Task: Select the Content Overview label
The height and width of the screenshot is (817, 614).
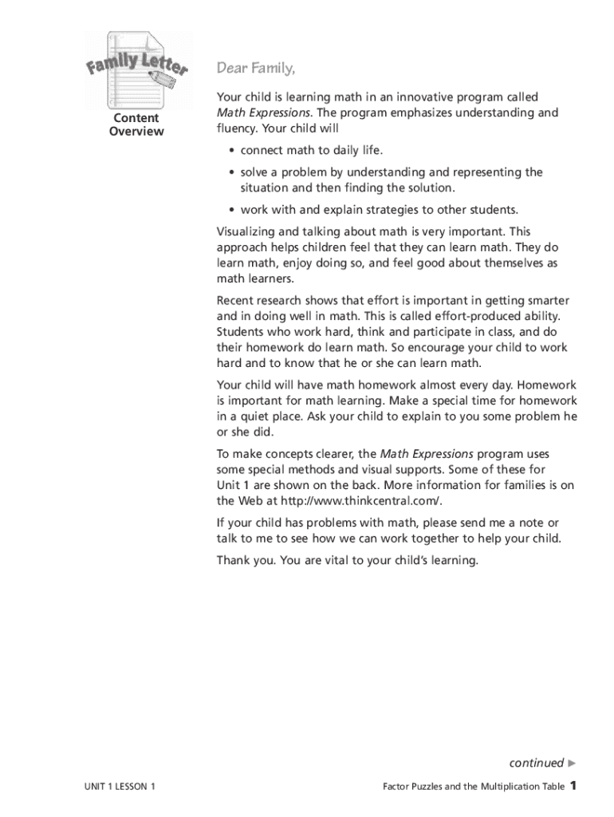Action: click(x=136, y=124)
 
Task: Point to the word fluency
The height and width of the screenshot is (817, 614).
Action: click(x=238, y=128)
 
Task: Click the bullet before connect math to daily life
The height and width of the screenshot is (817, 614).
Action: click(x=231, y=150)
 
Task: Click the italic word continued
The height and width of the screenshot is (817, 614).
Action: click(x=536, y=762)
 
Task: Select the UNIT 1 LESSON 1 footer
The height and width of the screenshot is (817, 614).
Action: click(x=120, y=787)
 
